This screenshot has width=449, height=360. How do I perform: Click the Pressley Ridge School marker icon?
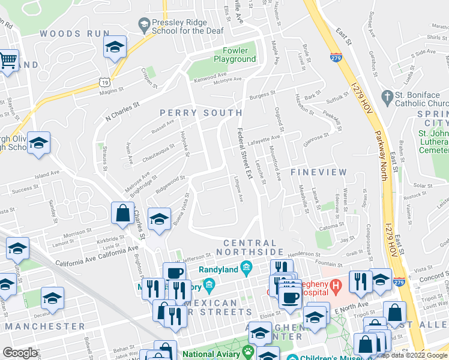click(143, 25)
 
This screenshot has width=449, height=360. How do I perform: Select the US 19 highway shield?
click(106, 65)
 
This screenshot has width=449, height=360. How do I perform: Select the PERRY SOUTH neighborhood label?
click(201, 113)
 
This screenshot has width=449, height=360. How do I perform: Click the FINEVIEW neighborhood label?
click(319, 172)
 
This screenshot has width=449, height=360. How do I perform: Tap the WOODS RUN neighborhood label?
click(67, 34)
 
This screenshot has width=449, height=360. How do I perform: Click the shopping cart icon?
click(8, 60)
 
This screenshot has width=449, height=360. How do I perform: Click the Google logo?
click(20, 353)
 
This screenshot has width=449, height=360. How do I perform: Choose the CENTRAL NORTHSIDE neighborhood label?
click(253, 247)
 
